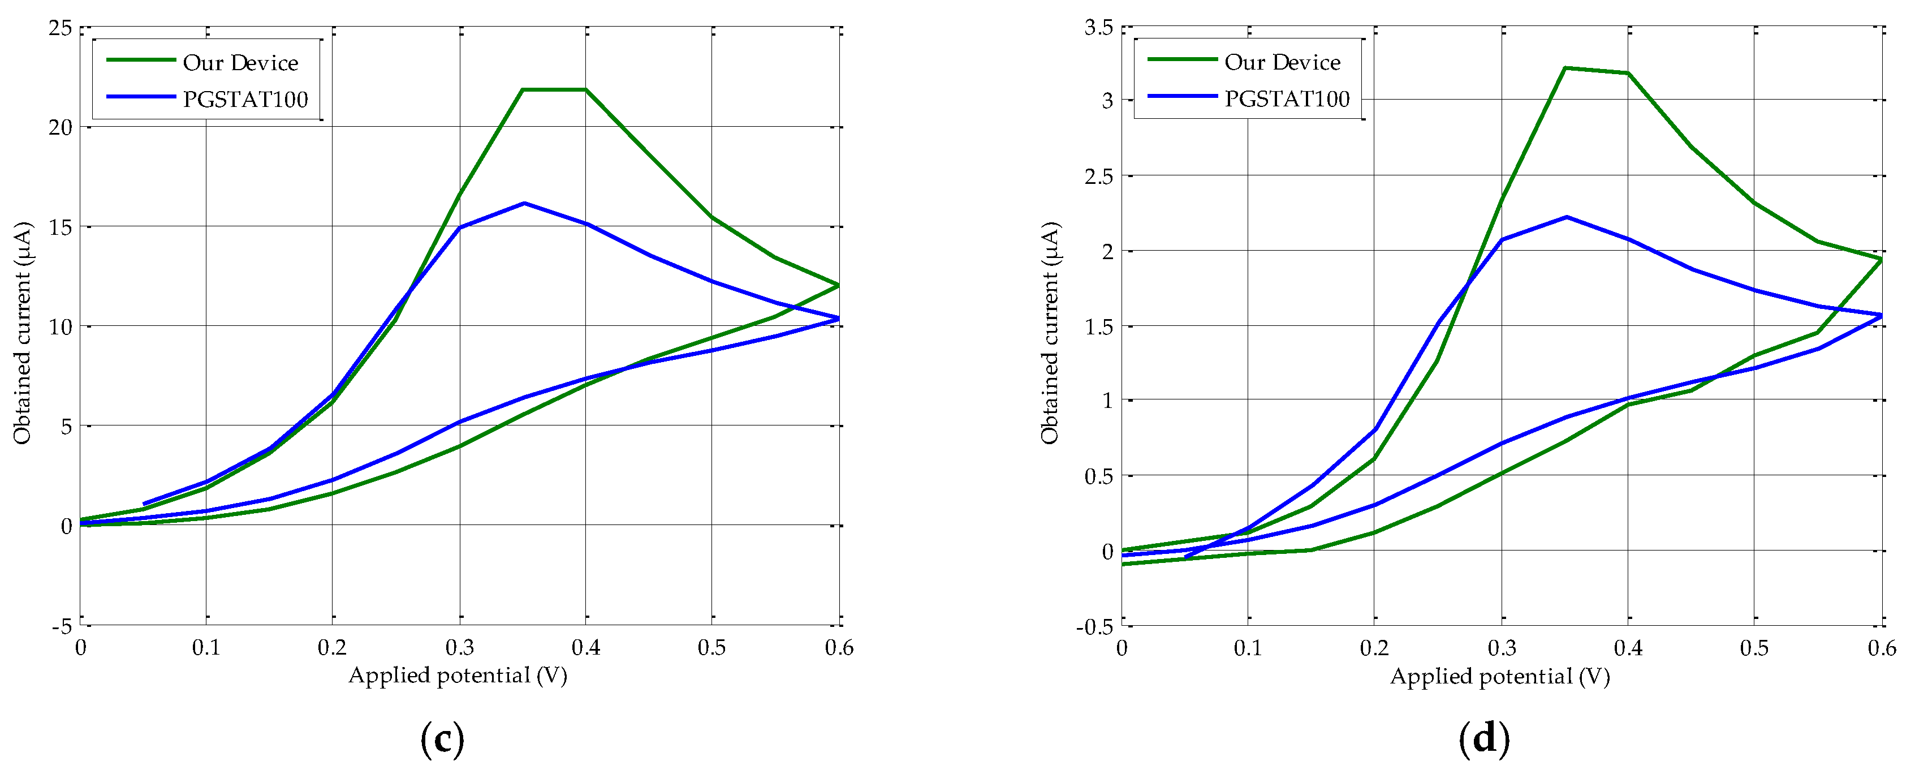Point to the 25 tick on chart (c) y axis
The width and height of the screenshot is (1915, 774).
[61, 28]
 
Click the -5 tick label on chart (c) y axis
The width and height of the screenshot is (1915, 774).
[62, 625]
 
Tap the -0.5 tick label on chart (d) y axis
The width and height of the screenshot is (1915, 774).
[1095, 626]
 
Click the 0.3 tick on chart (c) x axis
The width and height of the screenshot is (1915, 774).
[459, 648]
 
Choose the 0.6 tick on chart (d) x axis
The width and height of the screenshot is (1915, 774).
[1882, 648]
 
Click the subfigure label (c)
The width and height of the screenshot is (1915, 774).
[442, 738]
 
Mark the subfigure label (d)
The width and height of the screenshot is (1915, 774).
[1484, 738]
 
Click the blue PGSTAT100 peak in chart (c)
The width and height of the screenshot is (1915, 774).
[524, 203]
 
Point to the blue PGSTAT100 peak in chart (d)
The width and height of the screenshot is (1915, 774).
[1567, 217]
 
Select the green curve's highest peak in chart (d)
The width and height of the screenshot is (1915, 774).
[1565, 68]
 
